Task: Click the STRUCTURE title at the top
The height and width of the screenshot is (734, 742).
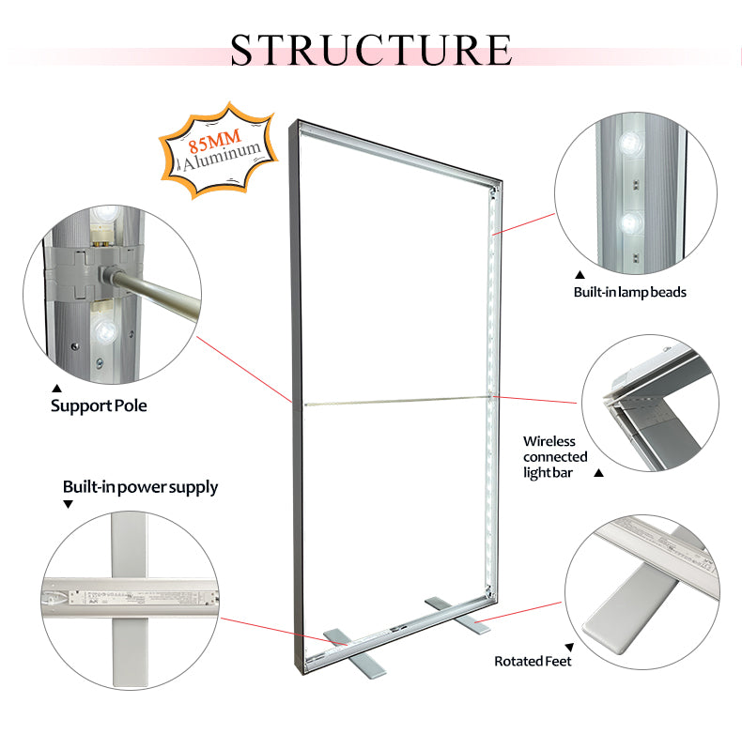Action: click(371, 49)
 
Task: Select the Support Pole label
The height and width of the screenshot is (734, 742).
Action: click(99, 406)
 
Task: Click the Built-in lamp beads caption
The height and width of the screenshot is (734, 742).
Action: click(629, 292)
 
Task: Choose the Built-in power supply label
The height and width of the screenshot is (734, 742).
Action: click(140, 487)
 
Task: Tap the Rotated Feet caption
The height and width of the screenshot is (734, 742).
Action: click(533, 661)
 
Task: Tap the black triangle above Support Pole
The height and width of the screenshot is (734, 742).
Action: click(55, 388)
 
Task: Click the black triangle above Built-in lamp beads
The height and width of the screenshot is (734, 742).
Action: click(579, 272)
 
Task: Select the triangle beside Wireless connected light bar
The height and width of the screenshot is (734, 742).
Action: click(598, 473)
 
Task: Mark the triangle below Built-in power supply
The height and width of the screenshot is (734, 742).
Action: click(68, 505)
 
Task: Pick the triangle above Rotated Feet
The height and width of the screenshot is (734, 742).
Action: click(569, 648)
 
